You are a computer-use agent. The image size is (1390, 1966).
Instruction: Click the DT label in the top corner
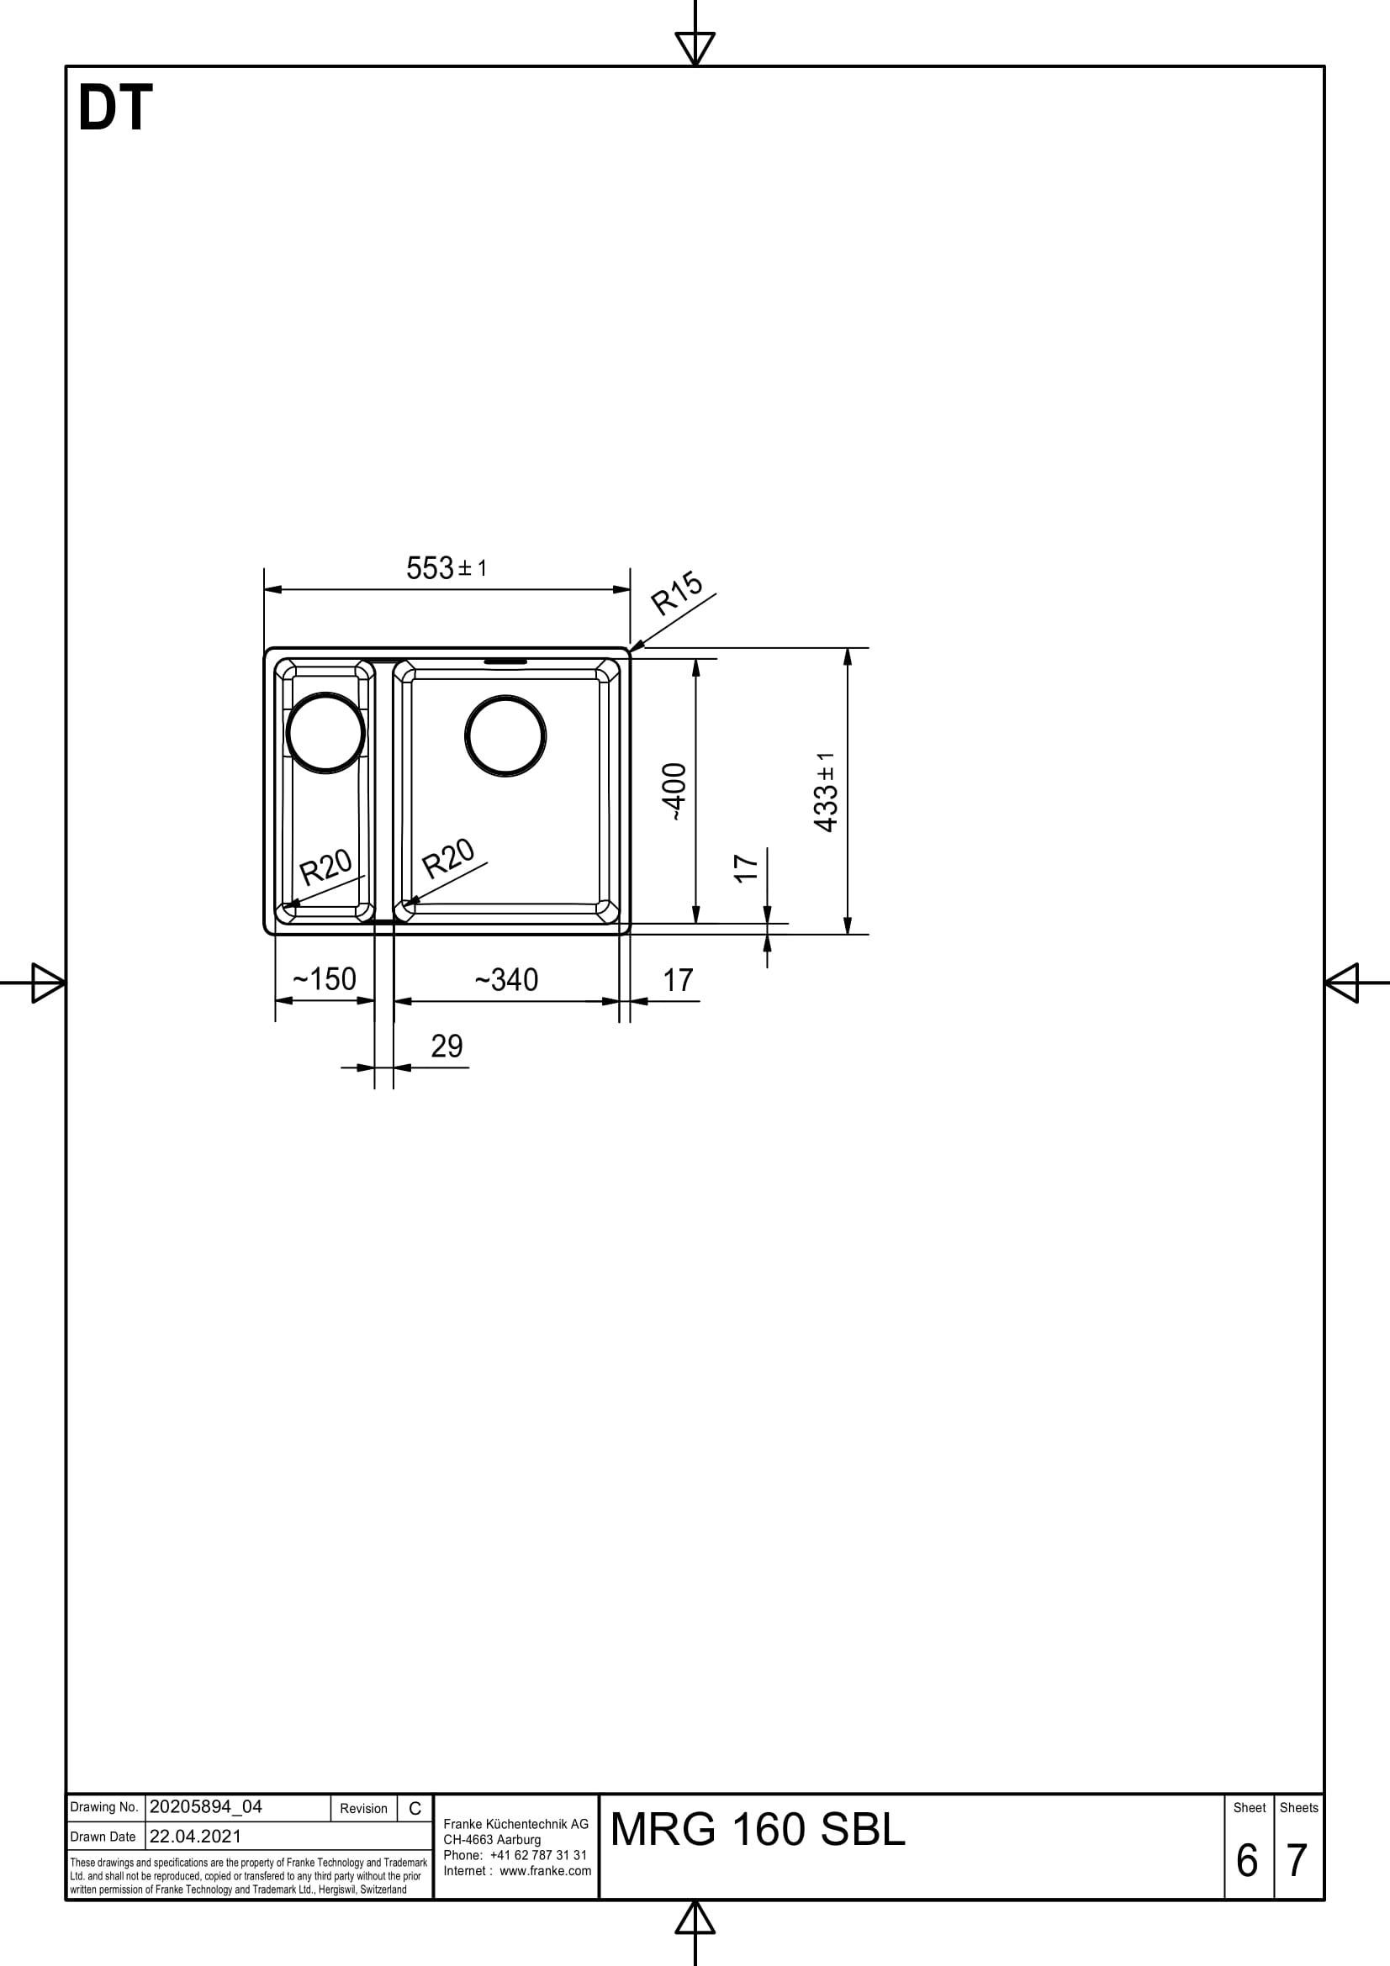click(114, 108)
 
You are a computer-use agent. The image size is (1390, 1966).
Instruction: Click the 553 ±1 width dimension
click(447, 567)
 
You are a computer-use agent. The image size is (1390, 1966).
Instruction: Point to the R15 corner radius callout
click(677, 593)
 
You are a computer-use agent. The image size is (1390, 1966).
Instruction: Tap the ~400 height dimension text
click(675, 792)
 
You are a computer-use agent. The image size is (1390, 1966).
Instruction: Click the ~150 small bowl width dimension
click(324, 978)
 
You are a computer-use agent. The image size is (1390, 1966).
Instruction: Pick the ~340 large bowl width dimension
click(506, 979)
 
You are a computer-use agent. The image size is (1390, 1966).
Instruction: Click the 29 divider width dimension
click(447, 1046)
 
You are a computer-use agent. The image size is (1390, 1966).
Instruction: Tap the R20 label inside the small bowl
click(325, 867)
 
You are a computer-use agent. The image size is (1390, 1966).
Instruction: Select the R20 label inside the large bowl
click(448, 858)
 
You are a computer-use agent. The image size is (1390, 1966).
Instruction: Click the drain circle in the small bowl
click(325, 734)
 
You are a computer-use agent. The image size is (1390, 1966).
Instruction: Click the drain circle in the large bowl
click(505, 736)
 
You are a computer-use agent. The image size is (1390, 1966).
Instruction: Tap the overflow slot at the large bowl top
click(506, 661)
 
